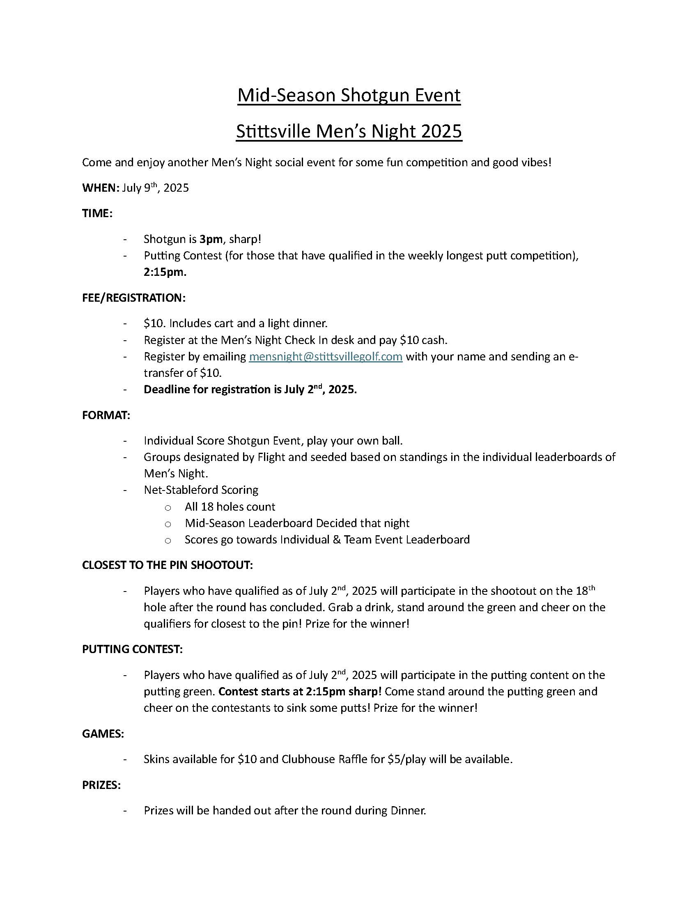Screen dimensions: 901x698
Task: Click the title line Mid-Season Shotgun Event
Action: pos(349,95)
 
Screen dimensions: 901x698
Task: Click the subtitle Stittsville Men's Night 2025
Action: pos(349,131)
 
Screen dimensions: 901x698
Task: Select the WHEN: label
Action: pos(101,188)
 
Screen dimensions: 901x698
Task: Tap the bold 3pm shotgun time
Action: pos(211,239)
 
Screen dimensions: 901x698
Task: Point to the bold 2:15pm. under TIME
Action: pos(165,273)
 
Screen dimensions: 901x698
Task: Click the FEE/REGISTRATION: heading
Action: pos(134,298)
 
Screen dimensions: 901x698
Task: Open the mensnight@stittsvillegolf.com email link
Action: pos(326,356)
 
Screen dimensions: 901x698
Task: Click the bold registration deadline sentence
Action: pos(250,390)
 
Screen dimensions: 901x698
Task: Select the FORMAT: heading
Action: pos(106,415)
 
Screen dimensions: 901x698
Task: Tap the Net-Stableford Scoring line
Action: pos(201,490)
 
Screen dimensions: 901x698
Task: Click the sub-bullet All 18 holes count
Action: pos(230,507)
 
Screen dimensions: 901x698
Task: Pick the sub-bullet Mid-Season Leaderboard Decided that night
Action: pos(297,523)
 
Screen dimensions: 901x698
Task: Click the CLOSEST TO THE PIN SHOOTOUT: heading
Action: pos(168,565)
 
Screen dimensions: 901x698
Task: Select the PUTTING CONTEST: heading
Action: pos(133,649)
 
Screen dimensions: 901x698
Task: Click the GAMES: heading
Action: pos(103,734)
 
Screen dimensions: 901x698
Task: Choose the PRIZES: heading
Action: pos(101,785)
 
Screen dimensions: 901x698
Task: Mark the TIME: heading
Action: pos(97,214)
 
